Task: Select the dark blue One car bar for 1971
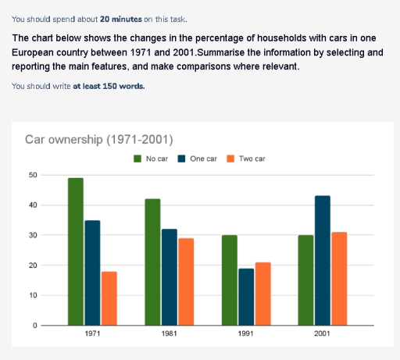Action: click(x=92, y=273)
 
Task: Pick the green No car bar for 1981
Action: click(x=152, y=262)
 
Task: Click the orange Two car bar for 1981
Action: click(x=185, y=282)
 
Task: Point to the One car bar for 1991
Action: click(x=246, y=297)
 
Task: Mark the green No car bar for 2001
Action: click(x=305, y=280)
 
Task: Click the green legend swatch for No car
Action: click(x=137, y=159)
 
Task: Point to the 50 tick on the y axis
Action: click(x=32, y=175)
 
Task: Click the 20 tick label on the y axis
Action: click(x=32, y=266)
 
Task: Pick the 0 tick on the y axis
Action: click(x=34, y=326)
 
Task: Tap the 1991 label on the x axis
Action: click(x=246, y=337)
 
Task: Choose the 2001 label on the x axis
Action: click(x=322, y=337)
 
